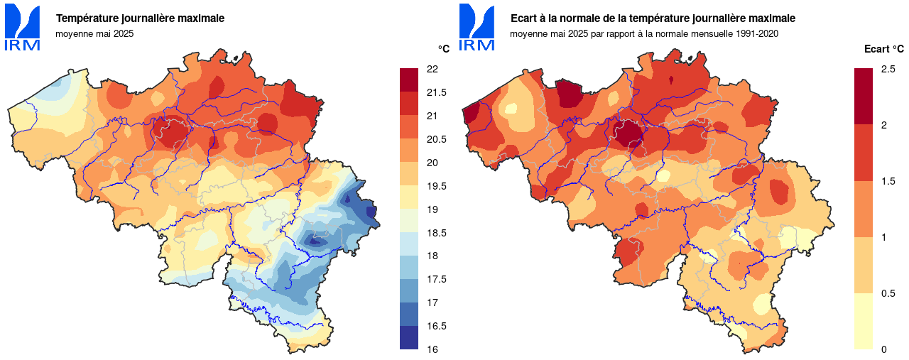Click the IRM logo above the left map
pyautogui.click(x=23, y=28)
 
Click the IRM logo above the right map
pyautogui.click(x=477, y=28)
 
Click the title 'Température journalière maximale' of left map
pyautogui.click(x=140, y=18)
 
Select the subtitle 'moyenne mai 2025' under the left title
pyautogui.click(x=94, y=33)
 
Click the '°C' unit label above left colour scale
pyautogui.click(x=443, y=49)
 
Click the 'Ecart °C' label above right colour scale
pyautogui.click(x=883, y=49)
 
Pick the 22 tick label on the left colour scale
pyautogui.click(x=431, y=69)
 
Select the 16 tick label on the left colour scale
pyautogui.click(x=431, y=349)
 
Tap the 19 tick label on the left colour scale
pyautogui.click(x=431, y=209)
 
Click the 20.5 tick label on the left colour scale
pyautogui.click(x=435, y=139)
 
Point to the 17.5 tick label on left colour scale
pyautogui.click(x=435, y=279)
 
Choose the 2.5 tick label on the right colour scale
pyautogui.click(x=888, y=69)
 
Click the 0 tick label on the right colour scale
pyautogui.click(x=883, y=349)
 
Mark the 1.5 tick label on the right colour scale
pyautogui.click(x=888, y=181)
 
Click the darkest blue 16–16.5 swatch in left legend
pyautogui.click(x=410, y=338)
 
